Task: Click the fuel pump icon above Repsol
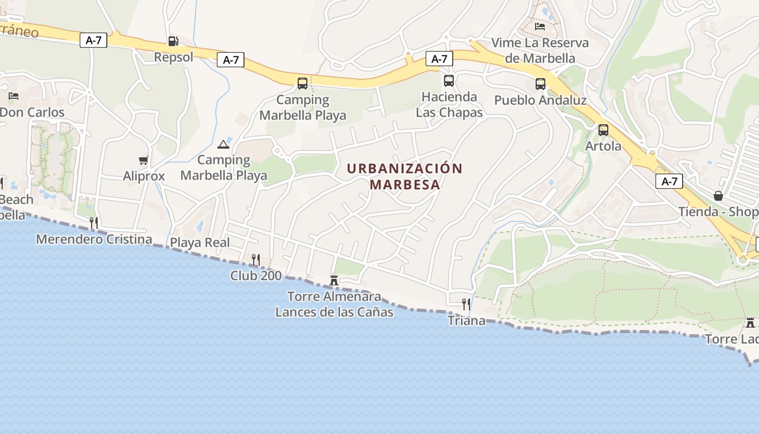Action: click(173, 41)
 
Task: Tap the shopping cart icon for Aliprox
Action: click(144, 160)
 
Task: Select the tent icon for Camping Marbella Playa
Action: click(223, 144)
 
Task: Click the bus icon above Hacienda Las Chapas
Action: click(449, 81)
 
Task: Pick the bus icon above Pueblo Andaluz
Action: click(541, 84)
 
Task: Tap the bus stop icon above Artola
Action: click(603, 130)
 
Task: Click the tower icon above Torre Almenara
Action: click(334, 280)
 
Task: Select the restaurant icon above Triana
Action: click(466, 304)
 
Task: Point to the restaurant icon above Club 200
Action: click(256, 259)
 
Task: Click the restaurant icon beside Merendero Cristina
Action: click(94, 222)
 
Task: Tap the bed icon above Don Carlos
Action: click(14, 96)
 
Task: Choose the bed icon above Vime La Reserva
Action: click(540, 26)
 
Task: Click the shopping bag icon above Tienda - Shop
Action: click(718, 196)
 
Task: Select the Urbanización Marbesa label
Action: click(404, 176)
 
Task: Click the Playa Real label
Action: click(200, 242)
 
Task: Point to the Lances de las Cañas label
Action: click(334, 312)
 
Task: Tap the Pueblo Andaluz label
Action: click(540, 100)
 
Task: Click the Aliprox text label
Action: click(144, 176)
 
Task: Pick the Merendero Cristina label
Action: click(94, 239)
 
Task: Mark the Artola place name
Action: click(603, 146)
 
